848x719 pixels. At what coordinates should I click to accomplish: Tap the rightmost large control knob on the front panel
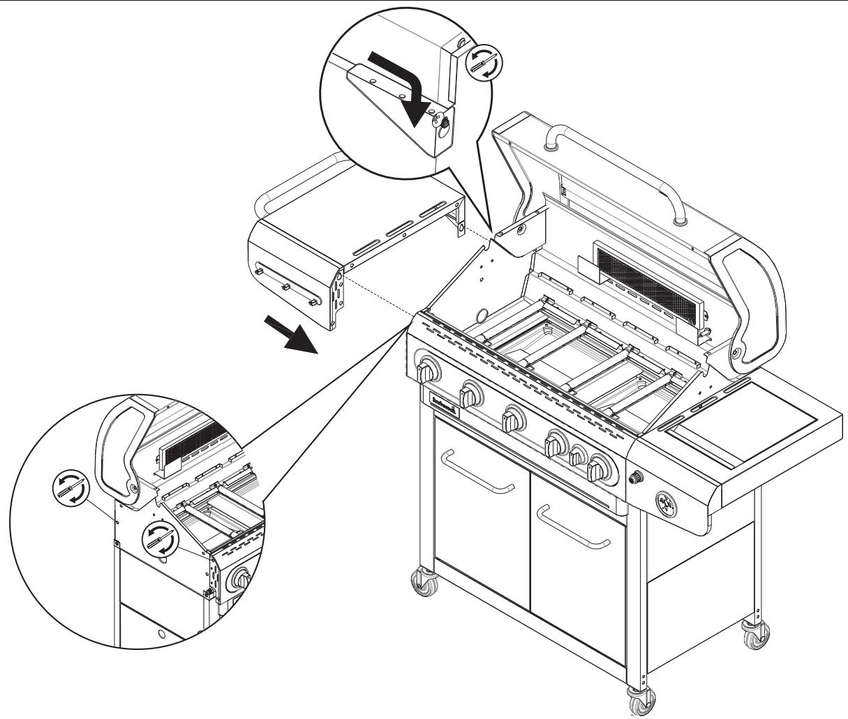pyautogui.click(x=600, y=469)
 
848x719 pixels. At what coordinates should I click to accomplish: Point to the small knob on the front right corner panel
pyautogui.click(x=637, y=478)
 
